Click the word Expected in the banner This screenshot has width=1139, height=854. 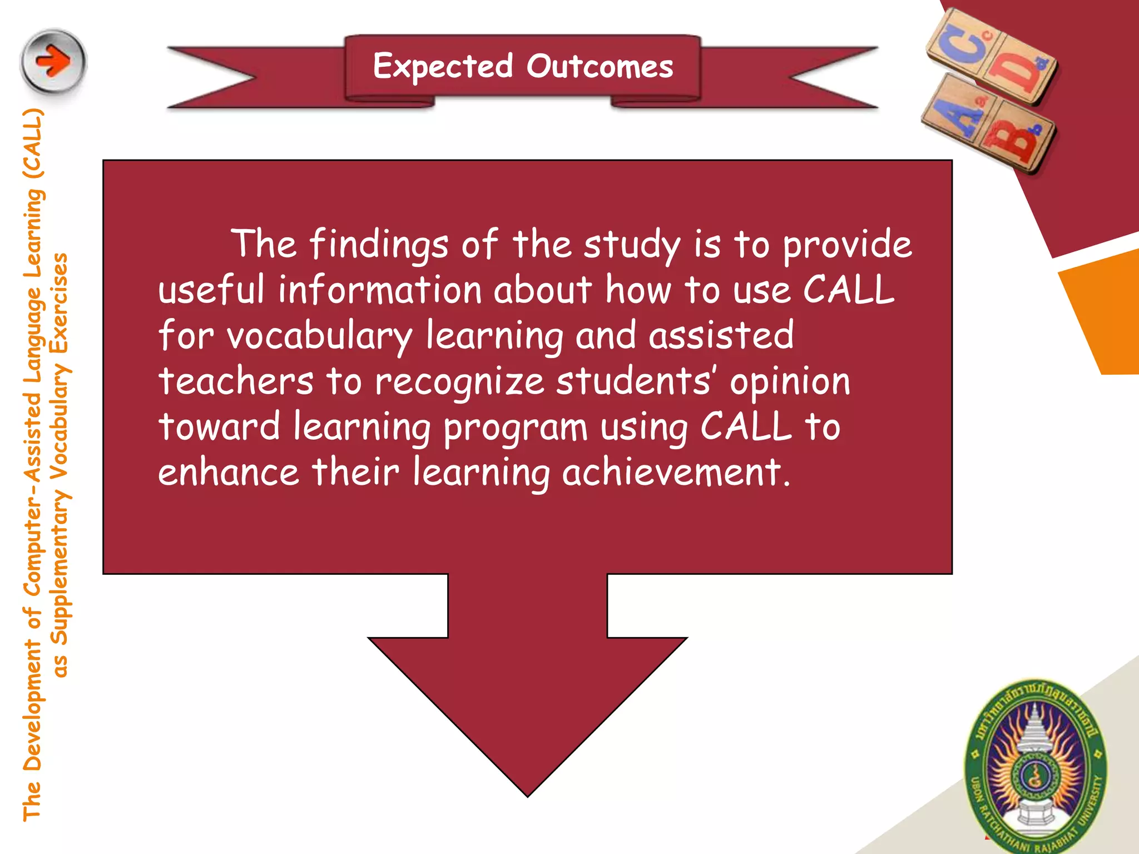(443, 67)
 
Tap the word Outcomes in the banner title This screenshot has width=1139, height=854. (600, 67)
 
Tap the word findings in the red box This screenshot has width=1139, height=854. (378, 245)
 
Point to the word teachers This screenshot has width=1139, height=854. (236, 381)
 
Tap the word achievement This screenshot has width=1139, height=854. (676, 473)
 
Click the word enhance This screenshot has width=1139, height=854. (229, 473)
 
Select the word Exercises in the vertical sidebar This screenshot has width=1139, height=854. (59, 304)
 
